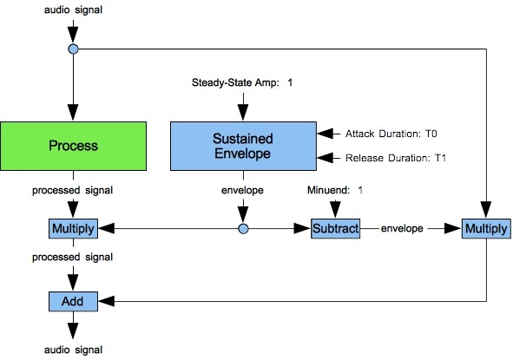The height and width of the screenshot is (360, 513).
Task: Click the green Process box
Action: (73, 146)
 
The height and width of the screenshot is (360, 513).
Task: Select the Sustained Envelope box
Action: (243, 146)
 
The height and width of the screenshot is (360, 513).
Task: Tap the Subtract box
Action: (335, 228)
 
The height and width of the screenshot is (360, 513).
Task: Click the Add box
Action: (73, 301)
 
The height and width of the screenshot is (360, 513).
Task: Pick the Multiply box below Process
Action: (73, 228)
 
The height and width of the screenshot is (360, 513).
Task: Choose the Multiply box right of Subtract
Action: (486, 228)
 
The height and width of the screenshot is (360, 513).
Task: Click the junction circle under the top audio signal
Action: (73, 49)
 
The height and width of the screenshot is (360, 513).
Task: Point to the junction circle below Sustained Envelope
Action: (243, 228)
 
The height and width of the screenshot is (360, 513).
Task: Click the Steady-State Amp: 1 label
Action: (242, 82)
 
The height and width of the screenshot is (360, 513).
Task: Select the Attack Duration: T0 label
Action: (391, 134)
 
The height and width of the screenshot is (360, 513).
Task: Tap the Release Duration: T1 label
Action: (396, 158)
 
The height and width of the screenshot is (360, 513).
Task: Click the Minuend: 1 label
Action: (335, 190)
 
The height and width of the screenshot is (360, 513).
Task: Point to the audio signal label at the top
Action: (73, 10)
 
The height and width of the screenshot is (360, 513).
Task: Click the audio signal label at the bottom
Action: (73, 350)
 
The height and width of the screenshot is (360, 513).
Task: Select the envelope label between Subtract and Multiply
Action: (402, 228)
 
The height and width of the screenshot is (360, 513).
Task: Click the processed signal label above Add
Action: (72, 257)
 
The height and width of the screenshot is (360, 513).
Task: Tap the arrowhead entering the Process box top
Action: (73, 113)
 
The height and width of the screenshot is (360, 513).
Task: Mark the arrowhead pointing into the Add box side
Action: (106, 301)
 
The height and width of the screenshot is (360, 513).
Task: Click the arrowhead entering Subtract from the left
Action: (302, 228)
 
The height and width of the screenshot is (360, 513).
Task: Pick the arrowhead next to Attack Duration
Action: (325, 134)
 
